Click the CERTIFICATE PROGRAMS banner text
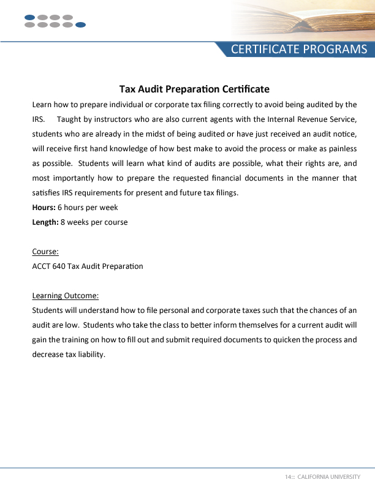299,50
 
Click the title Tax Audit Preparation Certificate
194,89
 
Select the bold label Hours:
44,208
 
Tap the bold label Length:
45,222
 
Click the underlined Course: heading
45,252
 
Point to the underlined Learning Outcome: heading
65,296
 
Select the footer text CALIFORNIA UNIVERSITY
328,476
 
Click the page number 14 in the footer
287,476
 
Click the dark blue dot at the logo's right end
80,25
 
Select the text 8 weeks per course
94,222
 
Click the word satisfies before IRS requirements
45,193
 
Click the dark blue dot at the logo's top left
30,17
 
